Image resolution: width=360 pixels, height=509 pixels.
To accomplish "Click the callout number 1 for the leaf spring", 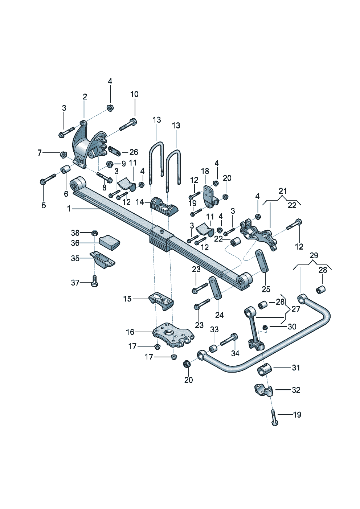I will (x=69, y=209).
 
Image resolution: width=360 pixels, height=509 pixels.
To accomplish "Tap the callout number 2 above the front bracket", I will (x=85, y=97).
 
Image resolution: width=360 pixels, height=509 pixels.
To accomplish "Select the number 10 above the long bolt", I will (x=134, y=94).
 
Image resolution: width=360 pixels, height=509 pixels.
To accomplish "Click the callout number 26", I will (x=134, y=152).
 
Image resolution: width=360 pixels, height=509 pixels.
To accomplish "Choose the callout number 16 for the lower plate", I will (x=130, y=332).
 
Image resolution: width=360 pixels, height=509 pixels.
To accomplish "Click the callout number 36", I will (x=75, y=243).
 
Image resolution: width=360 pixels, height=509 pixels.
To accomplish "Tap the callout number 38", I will (x=75, y=233).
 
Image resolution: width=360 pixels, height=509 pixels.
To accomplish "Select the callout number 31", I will (x=296, y=368).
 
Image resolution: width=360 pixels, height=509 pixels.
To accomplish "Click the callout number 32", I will (x=296, y=390).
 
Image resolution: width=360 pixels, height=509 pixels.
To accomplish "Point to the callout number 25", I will (x=266, y=289).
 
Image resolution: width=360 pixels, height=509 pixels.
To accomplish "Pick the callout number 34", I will (x=235, y=353).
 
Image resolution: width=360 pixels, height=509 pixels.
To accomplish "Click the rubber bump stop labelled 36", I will (x=109, y=242).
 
